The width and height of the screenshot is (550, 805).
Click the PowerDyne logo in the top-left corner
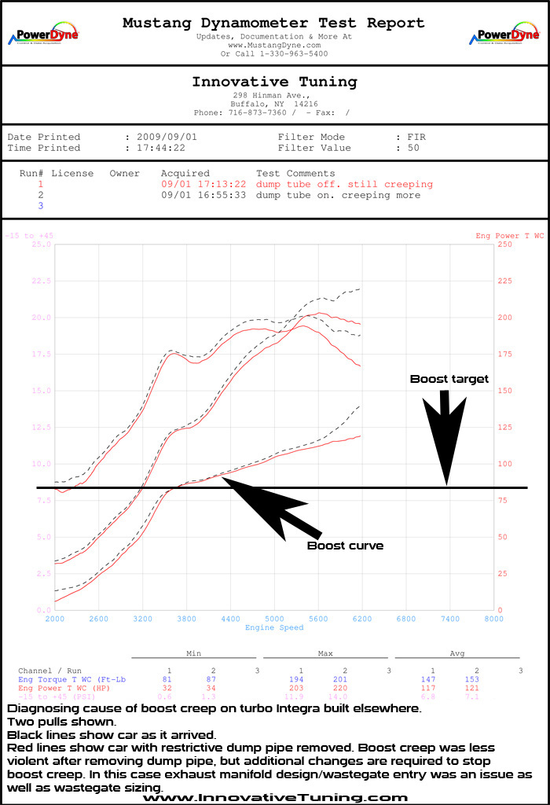coord(43,35)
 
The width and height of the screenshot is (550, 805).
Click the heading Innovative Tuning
coord(274,82)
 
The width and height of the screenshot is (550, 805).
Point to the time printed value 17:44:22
coord(161,148)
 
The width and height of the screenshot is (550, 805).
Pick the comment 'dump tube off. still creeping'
coord(344,184)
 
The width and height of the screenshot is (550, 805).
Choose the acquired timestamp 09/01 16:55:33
coord(203,195)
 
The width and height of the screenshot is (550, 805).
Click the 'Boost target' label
coord(449,379)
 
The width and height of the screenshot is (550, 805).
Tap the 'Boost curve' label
coord(345,545)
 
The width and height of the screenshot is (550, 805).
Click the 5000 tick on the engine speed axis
coord(274,619)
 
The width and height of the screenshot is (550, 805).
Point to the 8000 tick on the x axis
coord(493,619)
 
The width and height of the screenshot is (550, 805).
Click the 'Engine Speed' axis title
coord(274,628)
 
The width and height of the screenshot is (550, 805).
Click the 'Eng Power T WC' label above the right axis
coord(509,236)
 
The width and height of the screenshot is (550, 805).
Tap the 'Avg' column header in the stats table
coord(456,653)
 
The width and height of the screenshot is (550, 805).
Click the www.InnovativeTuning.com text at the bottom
coord(275,797)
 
